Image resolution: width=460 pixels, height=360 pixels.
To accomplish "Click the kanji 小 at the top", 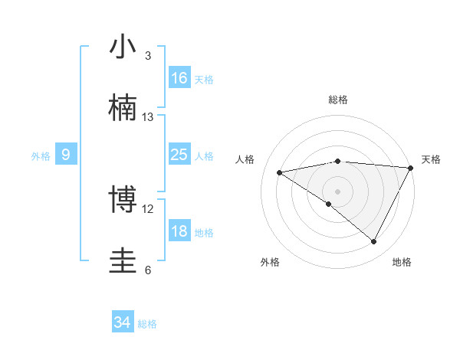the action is [x=123, y=47].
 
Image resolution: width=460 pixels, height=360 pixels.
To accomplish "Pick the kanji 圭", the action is [x=123, y=261].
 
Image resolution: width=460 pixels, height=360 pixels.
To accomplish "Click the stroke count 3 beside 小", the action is [x=148, y=56].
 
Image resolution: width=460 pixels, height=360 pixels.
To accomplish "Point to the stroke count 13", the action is [x=148, y=117].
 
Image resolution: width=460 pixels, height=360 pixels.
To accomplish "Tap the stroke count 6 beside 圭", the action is [x=148, y=270].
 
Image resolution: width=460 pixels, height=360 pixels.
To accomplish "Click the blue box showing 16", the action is [x=179, y=78].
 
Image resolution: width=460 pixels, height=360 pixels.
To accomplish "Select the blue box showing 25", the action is [x=179, y=155].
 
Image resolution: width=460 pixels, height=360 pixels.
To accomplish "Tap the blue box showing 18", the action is [x=179, y=231].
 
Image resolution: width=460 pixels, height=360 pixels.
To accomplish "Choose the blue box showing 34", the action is [x=123, y=322].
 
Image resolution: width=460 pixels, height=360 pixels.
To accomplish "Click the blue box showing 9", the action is [x=66, y=155].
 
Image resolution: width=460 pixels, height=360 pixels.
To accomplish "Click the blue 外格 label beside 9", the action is [x=41, y=155].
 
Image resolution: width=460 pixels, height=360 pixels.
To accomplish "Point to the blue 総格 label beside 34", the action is [x=147, y=324].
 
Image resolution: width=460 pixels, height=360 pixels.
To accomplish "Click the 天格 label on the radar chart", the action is [x=431, y=159].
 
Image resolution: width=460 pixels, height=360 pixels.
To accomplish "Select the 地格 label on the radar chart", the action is [x=402, y=262].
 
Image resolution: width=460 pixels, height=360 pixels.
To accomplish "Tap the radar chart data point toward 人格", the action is [x=280, y=172].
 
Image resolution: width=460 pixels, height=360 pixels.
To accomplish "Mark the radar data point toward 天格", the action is [x=411, y=168].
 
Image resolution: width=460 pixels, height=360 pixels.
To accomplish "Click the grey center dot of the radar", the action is [x=337, y=191].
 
